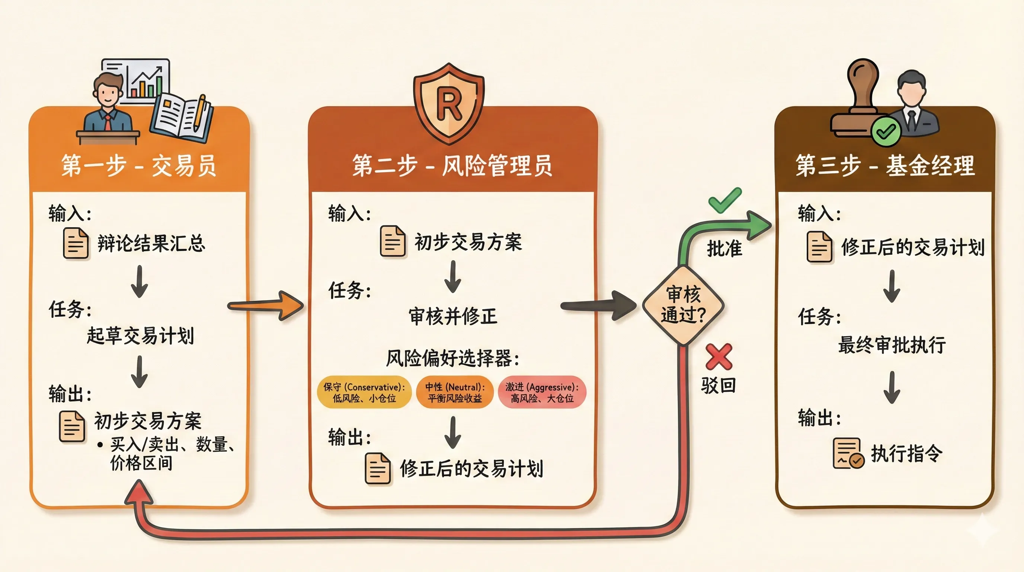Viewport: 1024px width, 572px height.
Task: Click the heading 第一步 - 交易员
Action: tap(139, 165)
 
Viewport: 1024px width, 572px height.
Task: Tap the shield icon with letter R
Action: tap(449, 104)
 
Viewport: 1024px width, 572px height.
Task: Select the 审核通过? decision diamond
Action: tap(683, 305)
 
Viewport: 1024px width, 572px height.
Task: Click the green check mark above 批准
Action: tap(725, 200)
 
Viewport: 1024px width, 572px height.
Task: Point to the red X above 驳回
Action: tap(719, 357)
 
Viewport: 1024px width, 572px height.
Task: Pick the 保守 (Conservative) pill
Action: tap(364, 392)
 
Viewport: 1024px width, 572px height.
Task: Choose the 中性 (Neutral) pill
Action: tap(455, 392)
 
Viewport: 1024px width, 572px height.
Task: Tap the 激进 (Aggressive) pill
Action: tap(542, 392)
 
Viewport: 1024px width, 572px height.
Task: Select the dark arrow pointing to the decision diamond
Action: tap(598, 305)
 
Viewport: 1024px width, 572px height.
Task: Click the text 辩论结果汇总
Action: tap(151, 244)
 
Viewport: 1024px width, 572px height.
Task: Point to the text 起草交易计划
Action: tap(140, 336)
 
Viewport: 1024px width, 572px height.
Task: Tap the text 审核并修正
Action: tap(453, 317)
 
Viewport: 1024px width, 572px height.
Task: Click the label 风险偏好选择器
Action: tap(453, 358)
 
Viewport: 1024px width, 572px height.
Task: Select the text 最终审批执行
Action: tap(892, 344)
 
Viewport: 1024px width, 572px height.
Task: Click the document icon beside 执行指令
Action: tap(848, 454)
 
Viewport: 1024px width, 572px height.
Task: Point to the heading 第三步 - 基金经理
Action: tap(885, 165)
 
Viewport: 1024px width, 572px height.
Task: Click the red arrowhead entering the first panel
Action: tap(139, 492)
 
